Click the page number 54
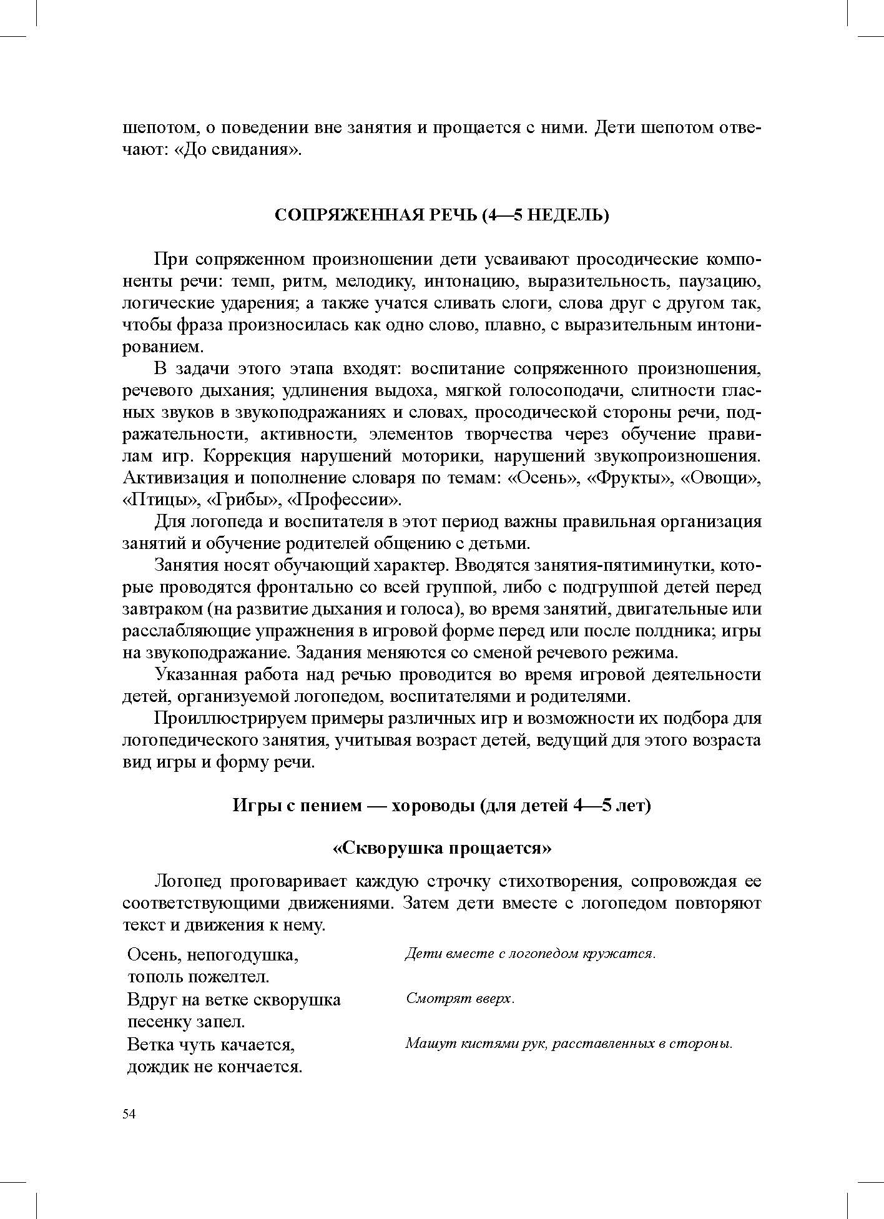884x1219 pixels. pyautogui.click(x=129, y=1115)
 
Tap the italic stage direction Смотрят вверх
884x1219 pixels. pyautogui.click(x=461, y=999)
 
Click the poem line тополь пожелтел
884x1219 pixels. pyautogui.click(x=198, y=976)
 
